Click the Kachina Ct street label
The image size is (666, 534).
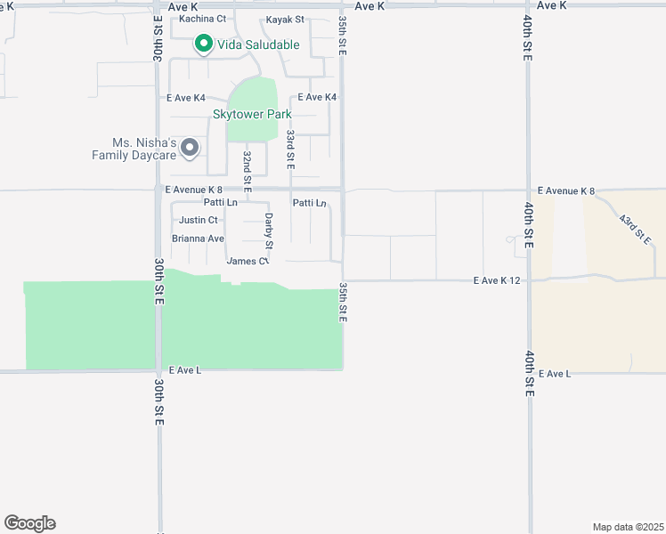(202, 19)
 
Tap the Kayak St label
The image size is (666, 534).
(285, 19)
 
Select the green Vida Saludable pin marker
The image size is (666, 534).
(203, 43)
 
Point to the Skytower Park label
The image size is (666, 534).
(252, 114)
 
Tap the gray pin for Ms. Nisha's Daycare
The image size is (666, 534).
(189, 148)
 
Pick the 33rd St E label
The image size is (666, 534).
(290, 149)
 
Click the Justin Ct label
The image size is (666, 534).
(198, 220)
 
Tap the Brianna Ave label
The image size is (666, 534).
(198, 239)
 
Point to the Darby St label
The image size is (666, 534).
(268, 230)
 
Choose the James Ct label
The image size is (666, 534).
(247, 261)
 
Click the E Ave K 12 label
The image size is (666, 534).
(497, 281)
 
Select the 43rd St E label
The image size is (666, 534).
(636, 229)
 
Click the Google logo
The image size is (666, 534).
(29, 523)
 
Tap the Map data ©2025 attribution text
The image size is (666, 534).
(628, 526)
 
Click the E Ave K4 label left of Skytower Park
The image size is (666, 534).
(185, 98)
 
